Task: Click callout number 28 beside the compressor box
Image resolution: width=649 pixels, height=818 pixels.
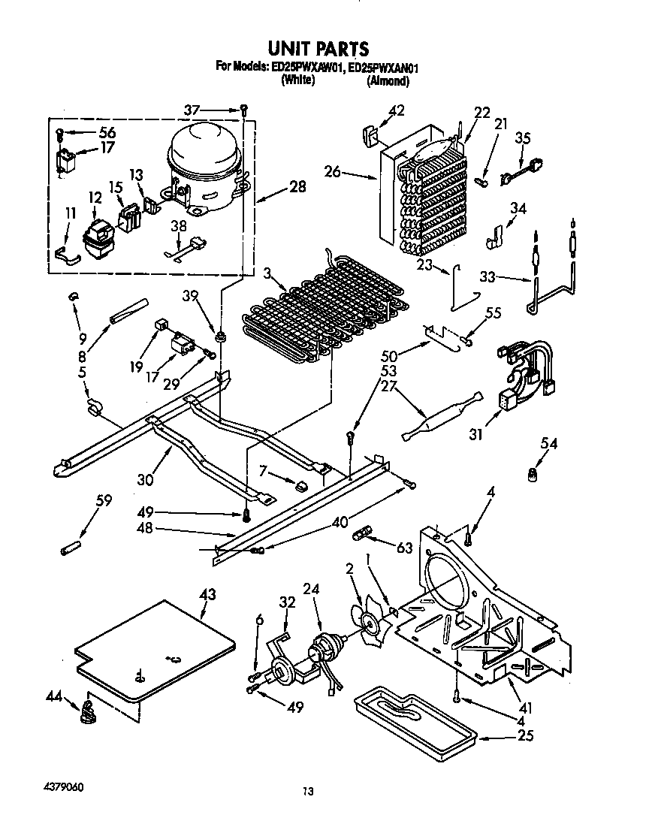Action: tap(297, 186)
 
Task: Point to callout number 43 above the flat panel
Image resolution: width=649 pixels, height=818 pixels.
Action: tap(207, 596)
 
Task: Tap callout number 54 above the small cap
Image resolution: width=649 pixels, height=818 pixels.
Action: tap(549, 445)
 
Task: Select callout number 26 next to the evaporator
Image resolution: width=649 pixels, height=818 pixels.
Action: tap(333, 173)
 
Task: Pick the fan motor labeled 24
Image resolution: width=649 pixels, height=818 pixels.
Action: tap(327, 647)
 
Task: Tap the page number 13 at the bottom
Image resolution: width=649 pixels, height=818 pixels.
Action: tap(307, 790)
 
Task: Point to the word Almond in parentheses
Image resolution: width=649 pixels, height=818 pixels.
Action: tap(388, 79)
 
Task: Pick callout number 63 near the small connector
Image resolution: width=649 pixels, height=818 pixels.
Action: tap(405, 548)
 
